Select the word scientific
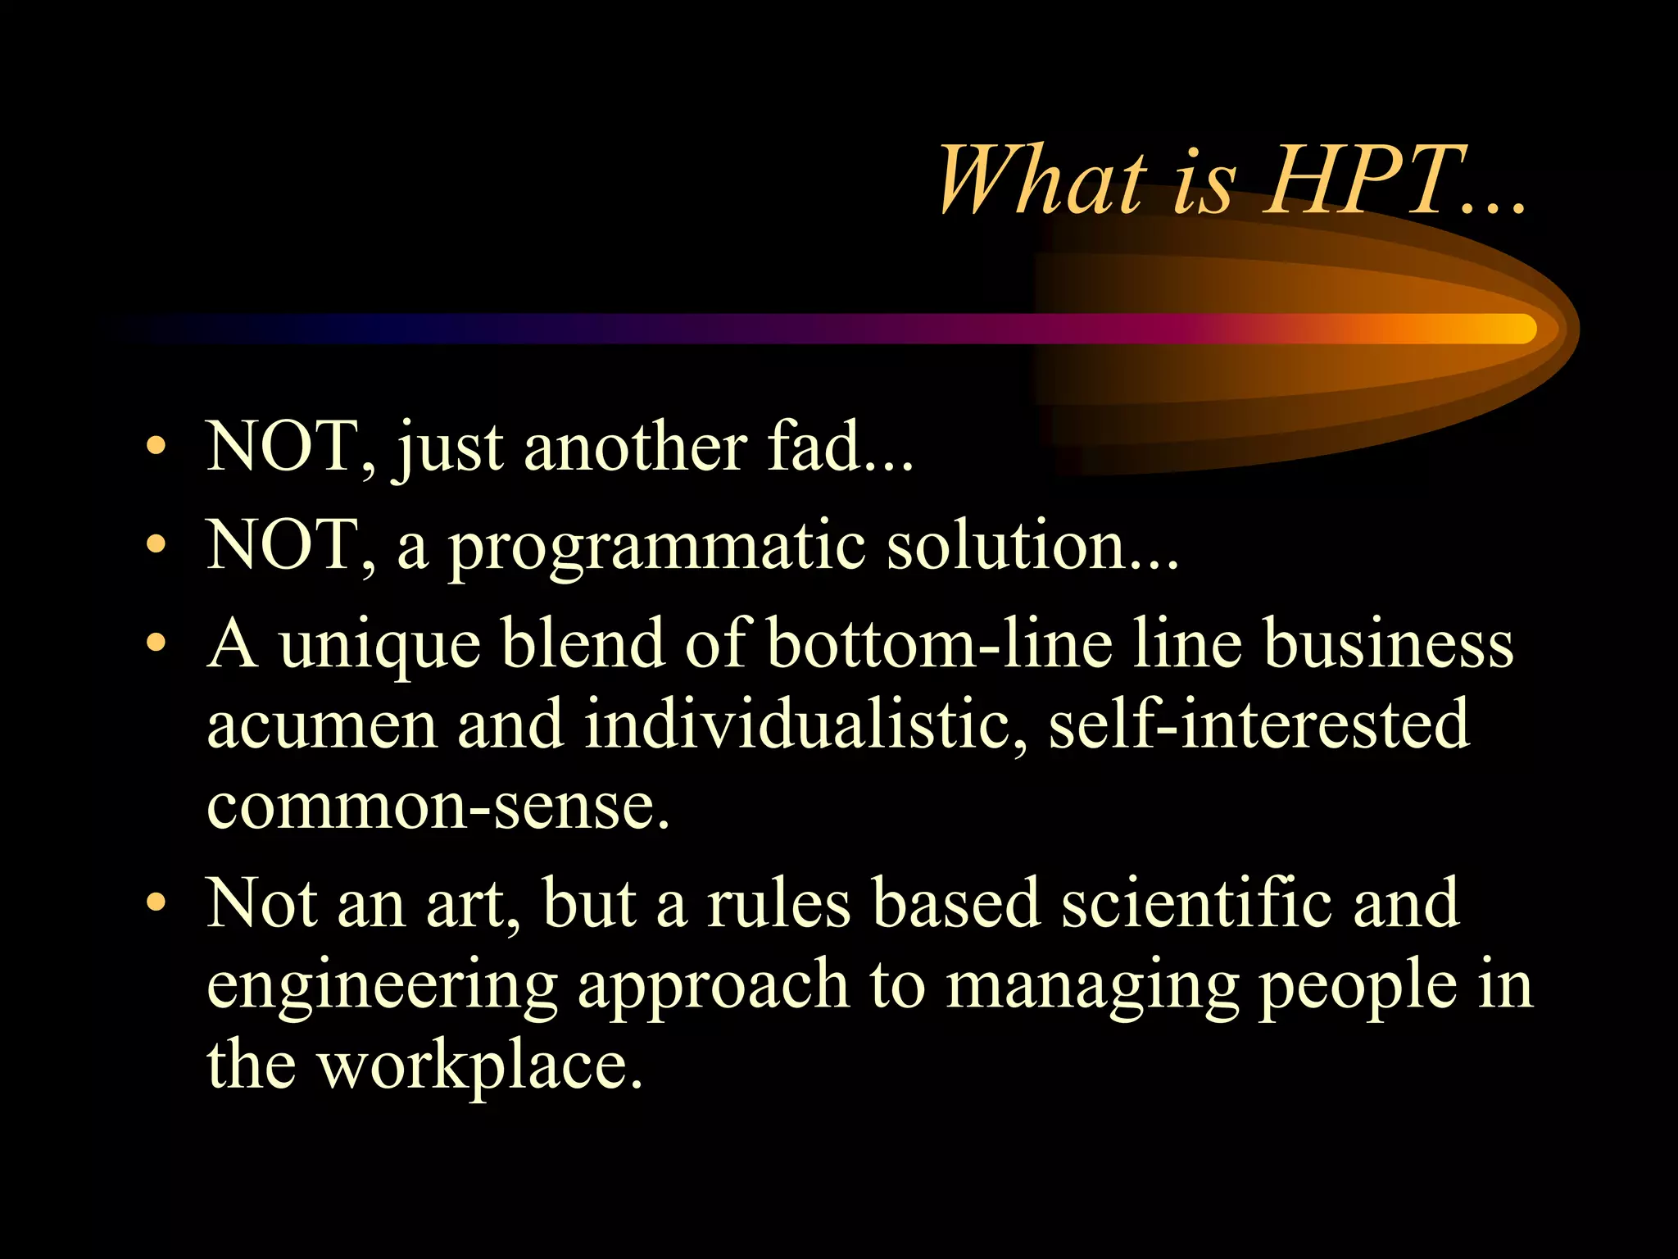point(1196,903)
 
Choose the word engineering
point(382,987)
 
